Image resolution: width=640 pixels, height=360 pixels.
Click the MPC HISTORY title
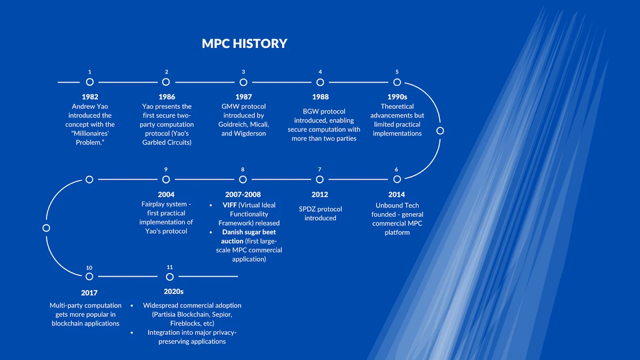click(x=244, y=44)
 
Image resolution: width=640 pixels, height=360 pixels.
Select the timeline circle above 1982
click(x=90, y=82)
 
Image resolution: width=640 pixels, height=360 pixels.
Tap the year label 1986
click(x=166, y=97)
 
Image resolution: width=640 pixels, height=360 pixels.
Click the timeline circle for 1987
click(x=243, y=82)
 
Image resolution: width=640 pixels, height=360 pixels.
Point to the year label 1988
click(x=320, y=97)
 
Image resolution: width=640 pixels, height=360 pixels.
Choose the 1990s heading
click(x=397, y=97)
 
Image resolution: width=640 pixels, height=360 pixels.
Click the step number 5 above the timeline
click(x=397, y=72)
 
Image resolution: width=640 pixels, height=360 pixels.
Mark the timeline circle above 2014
click(x=397, y=180)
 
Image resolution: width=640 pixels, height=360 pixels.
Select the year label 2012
click(x=320, y=195)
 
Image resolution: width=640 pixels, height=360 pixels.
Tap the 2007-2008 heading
click(x=243, y=195)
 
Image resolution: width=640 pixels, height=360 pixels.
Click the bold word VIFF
click(x=230, y=205)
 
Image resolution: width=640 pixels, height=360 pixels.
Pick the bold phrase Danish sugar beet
click(x=249, y=232)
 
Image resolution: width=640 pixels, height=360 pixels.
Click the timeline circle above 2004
click(x=166, y=180)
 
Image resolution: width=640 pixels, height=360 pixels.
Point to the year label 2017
click(x=90, y=293)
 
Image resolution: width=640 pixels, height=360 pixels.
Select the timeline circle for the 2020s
click(x=170, y=277)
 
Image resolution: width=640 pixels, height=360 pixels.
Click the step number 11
click(x=170, y=267)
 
